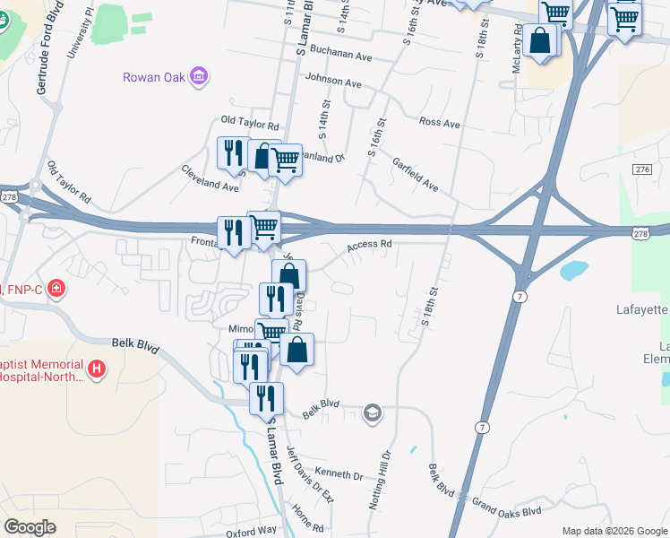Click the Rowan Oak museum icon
200,77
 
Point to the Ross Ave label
439,122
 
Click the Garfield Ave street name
415,174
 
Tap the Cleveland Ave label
210,179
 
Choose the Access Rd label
370,244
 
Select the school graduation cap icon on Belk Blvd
371,413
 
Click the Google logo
30,527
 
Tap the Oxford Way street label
251,531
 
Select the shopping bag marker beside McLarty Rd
542,41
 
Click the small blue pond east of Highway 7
573,268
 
